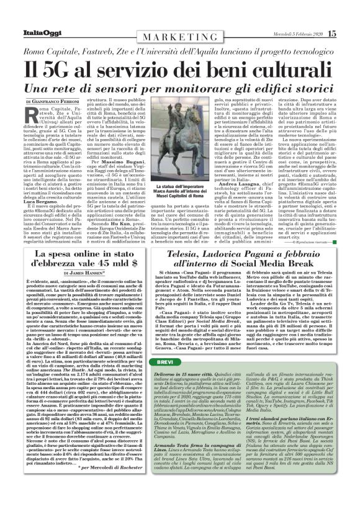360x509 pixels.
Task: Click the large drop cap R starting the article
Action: click(32, 113)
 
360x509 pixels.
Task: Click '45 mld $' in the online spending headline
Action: click(116, 263)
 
